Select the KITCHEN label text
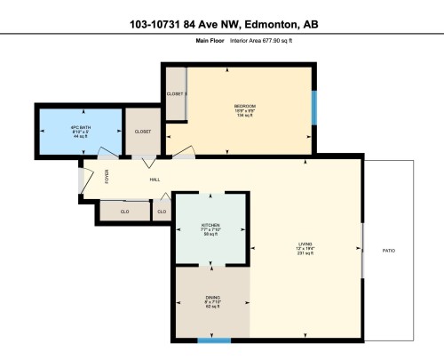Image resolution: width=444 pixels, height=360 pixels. (x=210, y=225)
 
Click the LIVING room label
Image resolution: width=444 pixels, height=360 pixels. (x=306, y=247)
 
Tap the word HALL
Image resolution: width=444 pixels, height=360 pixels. (x=155, y=180)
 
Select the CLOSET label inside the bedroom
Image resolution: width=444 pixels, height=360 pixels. (x=175, y=94)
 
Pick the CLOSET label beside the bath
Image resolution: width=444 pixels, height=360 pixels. (x=142, y=131)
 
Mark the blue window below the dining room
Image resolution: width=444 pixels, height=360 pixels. (x=214, y=340)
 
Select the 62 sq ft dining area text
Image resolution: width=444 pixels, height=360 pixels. (x=212, y=308)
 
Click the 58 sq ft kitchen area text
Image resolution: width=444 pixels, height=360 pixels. (x=210, y=235)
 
